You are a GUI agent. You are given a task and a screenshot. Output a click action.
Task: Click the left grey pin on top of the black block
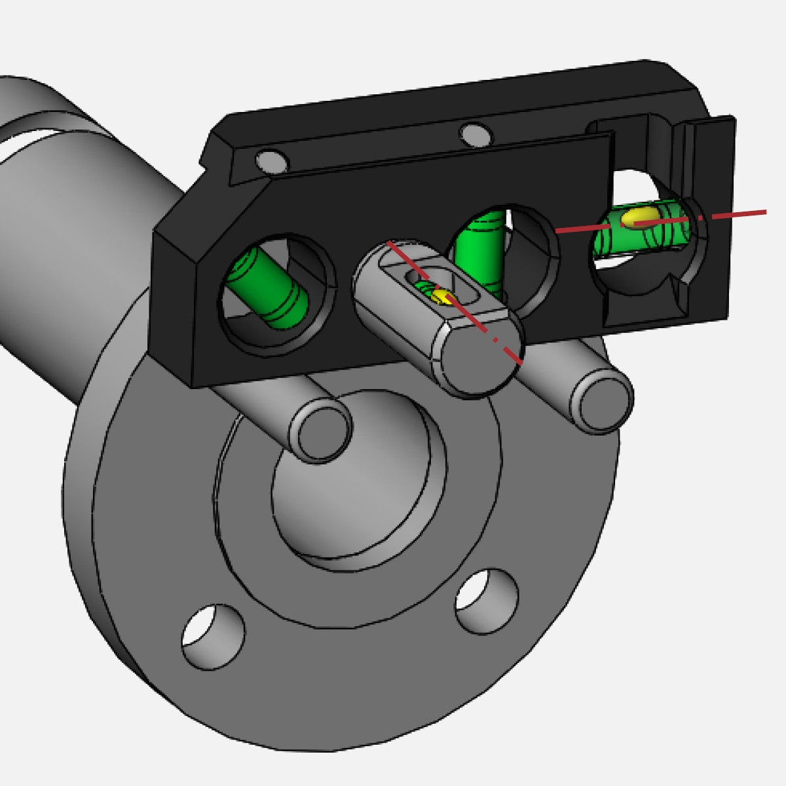[271, 160]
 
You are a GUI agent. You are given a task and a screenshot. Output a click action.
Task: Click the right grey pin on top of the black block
[476, 135]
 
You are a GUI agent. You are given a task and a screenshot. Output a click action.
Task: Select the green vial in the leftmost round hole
[269, 288]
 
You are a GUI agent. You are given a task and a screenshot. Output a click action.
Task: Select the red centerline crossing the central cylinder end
[504, 347]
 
